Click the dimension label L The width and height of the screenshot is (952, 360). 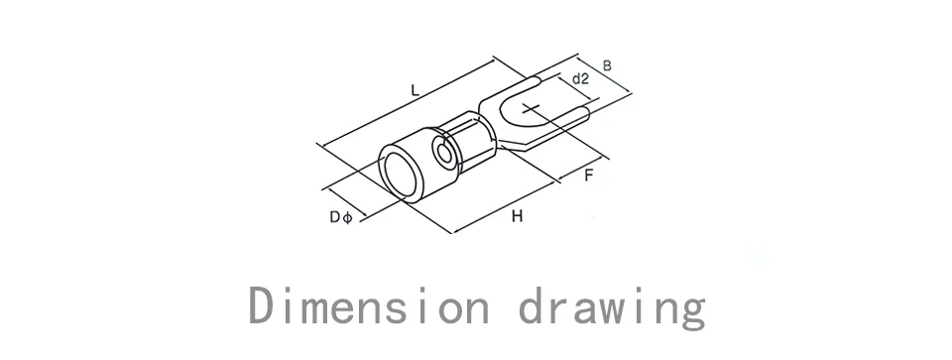[x=415, y=91]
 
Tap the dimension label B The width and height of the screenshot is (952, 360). [x=607, y=65]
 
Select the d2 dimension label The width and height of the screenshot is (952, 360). [x=580, y=78]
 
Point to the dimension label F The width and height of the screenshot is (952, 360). [x=588, y=176]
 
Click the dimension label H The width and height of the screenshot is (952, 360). [x=517, y=215]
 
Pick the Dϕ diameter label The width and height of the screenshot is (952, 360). [x=340, y=217]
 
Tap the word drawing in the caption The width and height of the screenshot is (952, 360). [x=613, y=307]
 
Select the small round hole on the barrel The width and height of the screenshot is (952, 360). [x=445, y=154]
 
